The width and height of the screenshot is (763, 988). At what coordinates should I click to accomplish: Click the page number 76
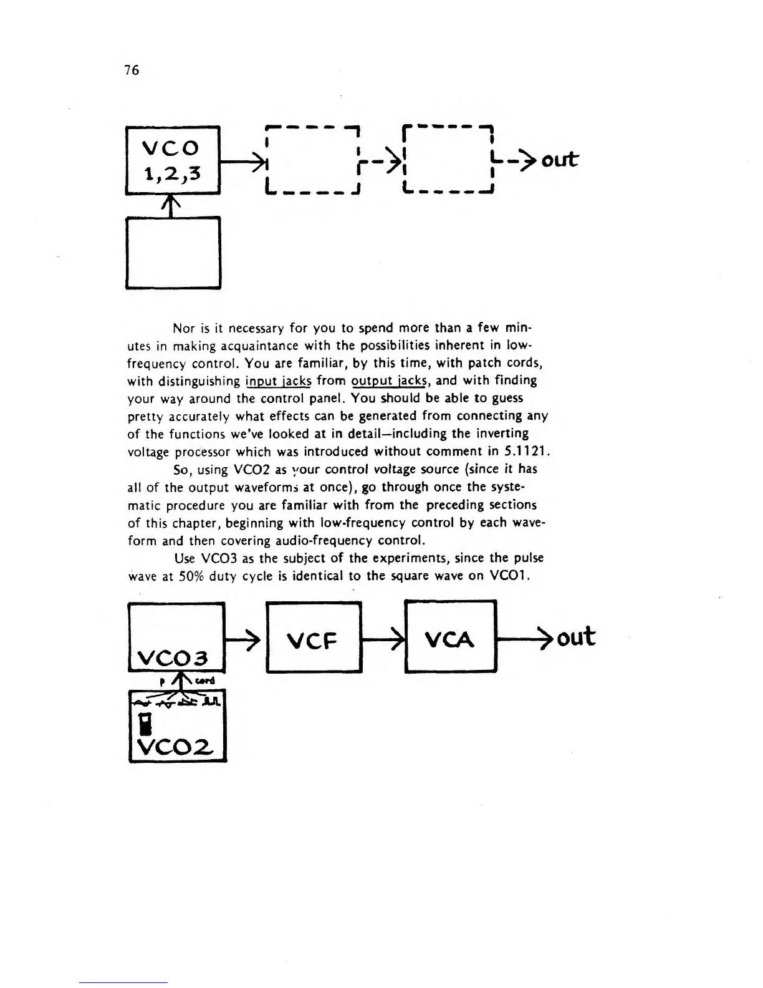click(x=131, y=70)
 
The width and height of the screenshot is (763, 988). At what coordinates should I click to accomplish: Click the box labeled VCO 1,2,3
click(x=173, y=160)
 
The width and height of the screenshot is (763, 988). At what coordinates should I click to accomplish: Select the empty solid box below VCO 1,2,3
click(x=173, y=253)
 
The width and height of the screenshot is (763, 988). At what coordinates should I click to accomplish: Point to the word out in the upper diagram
click(x=560, y=160)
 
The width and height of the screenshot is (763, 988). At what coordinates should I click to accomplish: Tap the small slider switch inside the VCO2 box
click(x=146, y=723)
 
